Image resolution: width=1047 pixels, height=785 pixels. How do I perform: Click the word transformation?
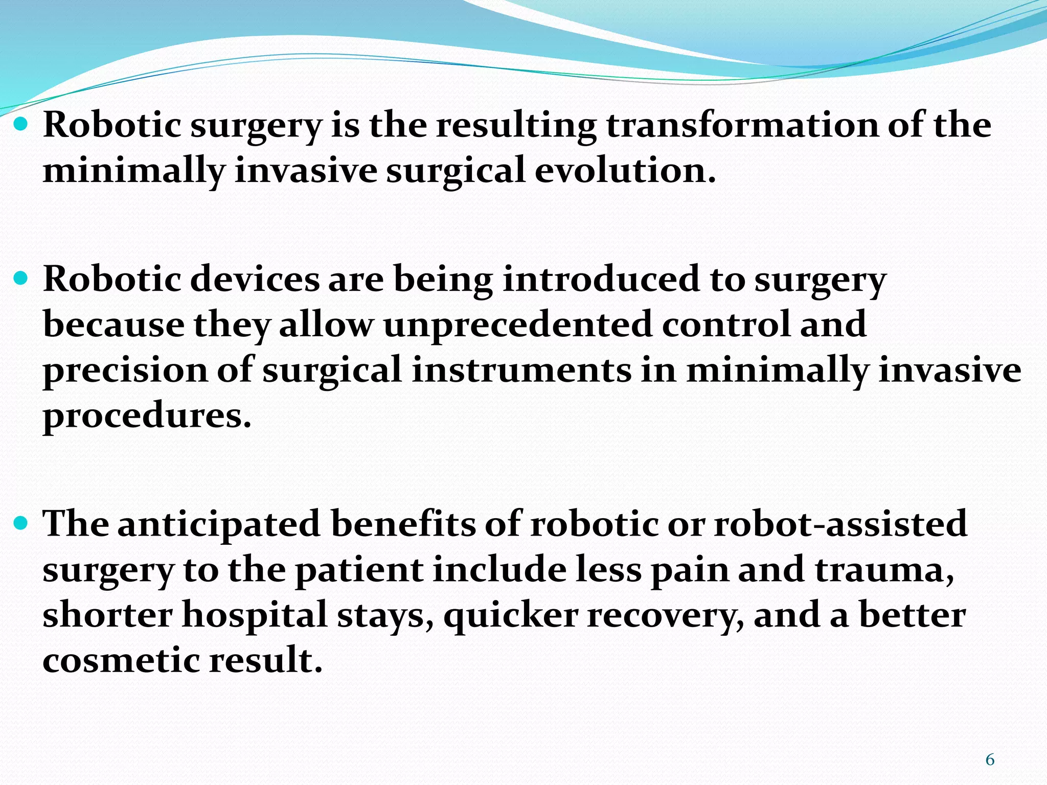[x=742, y=125]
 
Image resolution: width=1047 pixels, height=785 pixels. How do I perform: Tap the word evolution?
[x=625, y=170]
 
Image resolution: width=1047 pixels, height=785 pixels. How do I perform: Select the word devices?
[x=255, y=280]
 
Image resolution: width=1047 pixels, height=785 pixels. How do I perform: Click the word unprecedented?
[x=517, y=325]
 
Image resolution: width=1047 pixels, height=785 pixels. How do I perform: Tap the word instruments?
[x=521, y=370]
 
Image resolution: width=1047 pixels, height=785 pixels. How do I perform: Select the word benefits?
[x=403, y=524]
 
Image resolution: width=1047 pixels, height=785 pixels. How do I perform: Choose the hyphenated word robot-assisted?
[x=840, y=524]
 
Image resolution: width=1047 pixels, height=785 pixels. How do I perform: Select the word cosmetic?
[x=121, y=660]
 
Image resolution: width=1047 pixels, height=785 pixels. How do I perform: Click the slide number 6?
[x=990, y=760]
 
